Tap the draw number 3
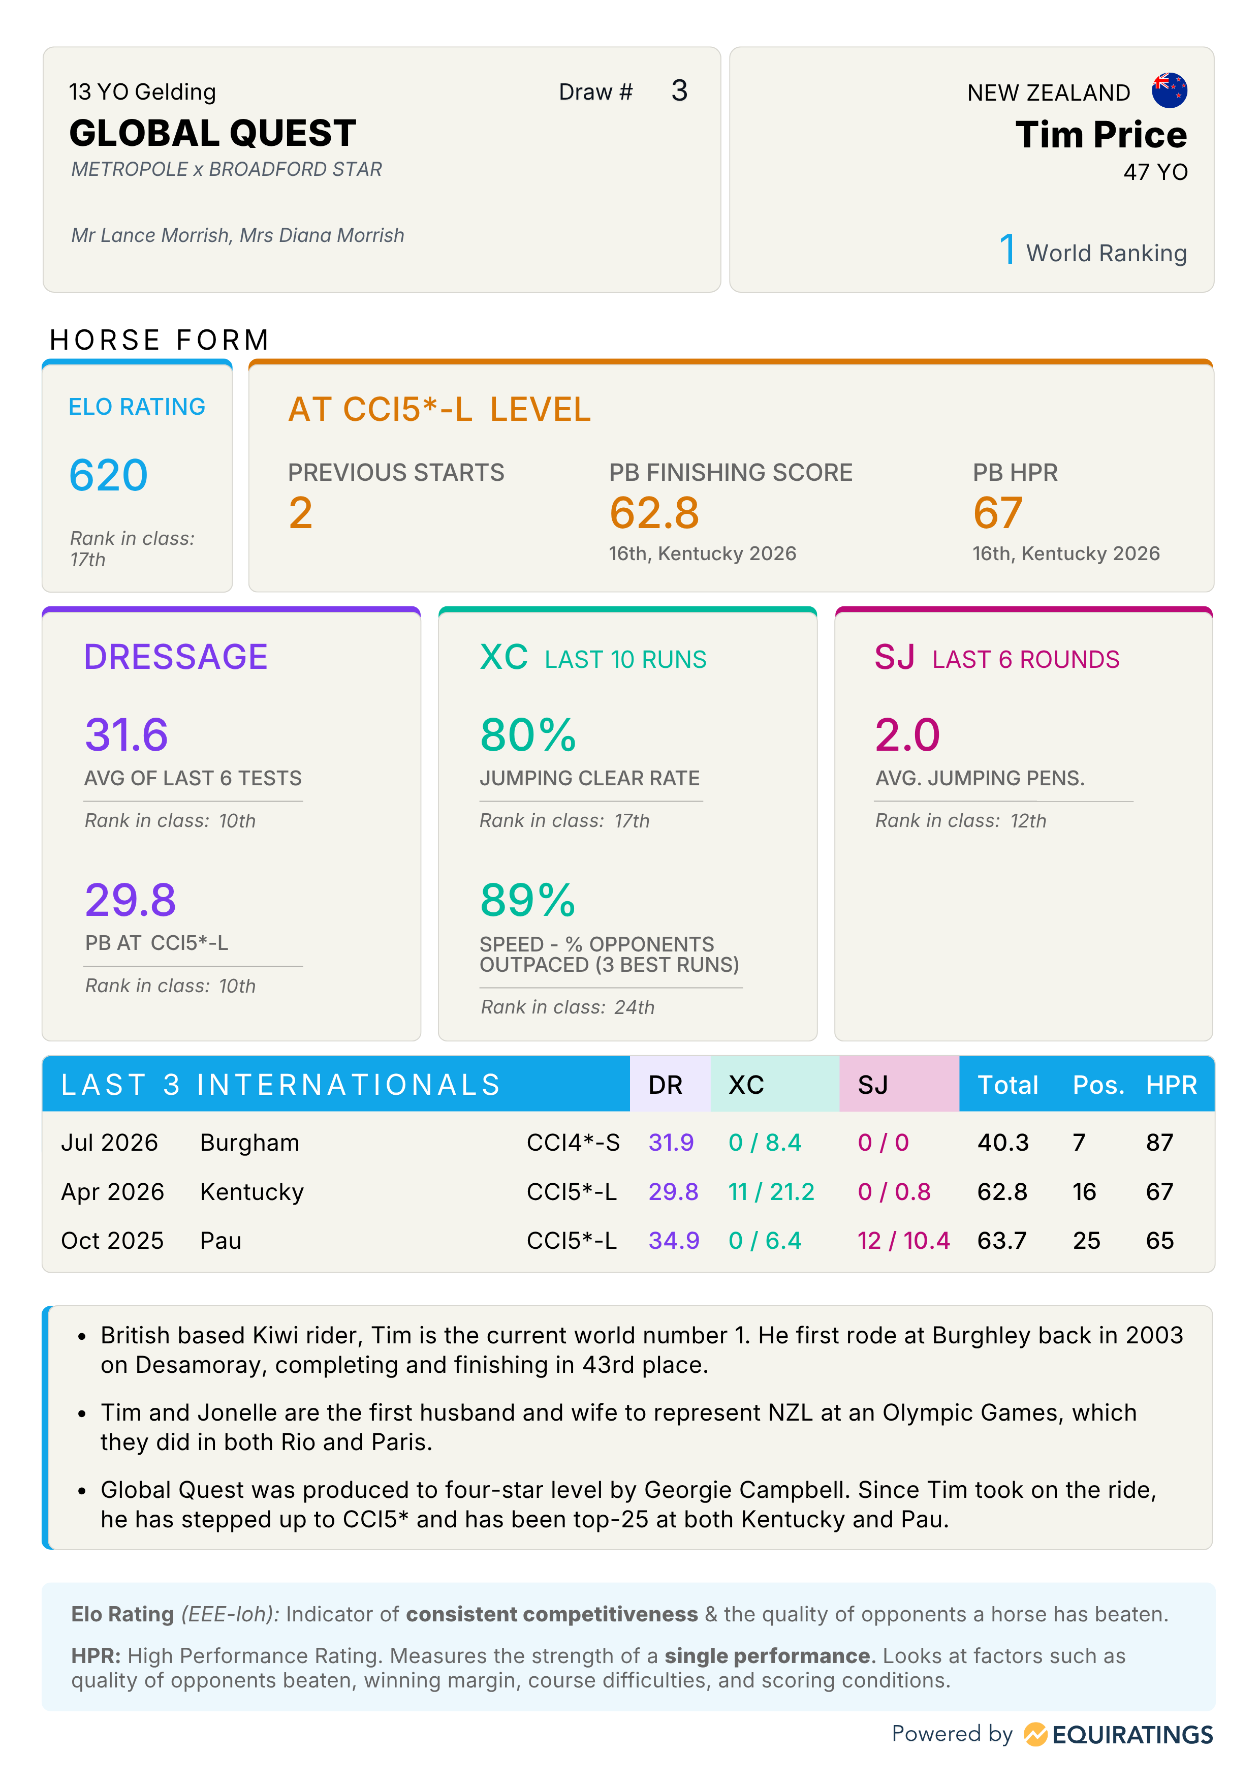(x=679, y=91)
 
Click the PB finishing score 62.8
(x=654, y=513)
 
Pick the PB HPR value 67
(x=998, y=513)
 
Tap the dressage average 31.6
(x=127, y=734)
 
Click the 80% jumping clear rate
(x=528, y=734)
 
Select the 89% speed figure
(x=528, y=900)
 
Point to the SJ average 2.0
(x=907, y=734)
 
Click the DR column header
(x=666, y=1085)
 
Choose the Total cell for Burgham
(x=1002, y=1143)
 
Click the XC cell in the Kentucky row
(x=771, y=1191)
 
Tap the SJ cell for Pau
(x=903, y=1240)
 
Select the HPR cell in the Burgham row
(x=1159, y=1143)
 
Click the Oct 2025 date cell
(x=113, y=1240)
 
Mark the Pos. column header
(x=1098, y=1085)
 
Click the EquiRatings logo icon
(x=1035, y=1734)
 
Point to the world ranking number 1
(x=1007, y=250)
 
